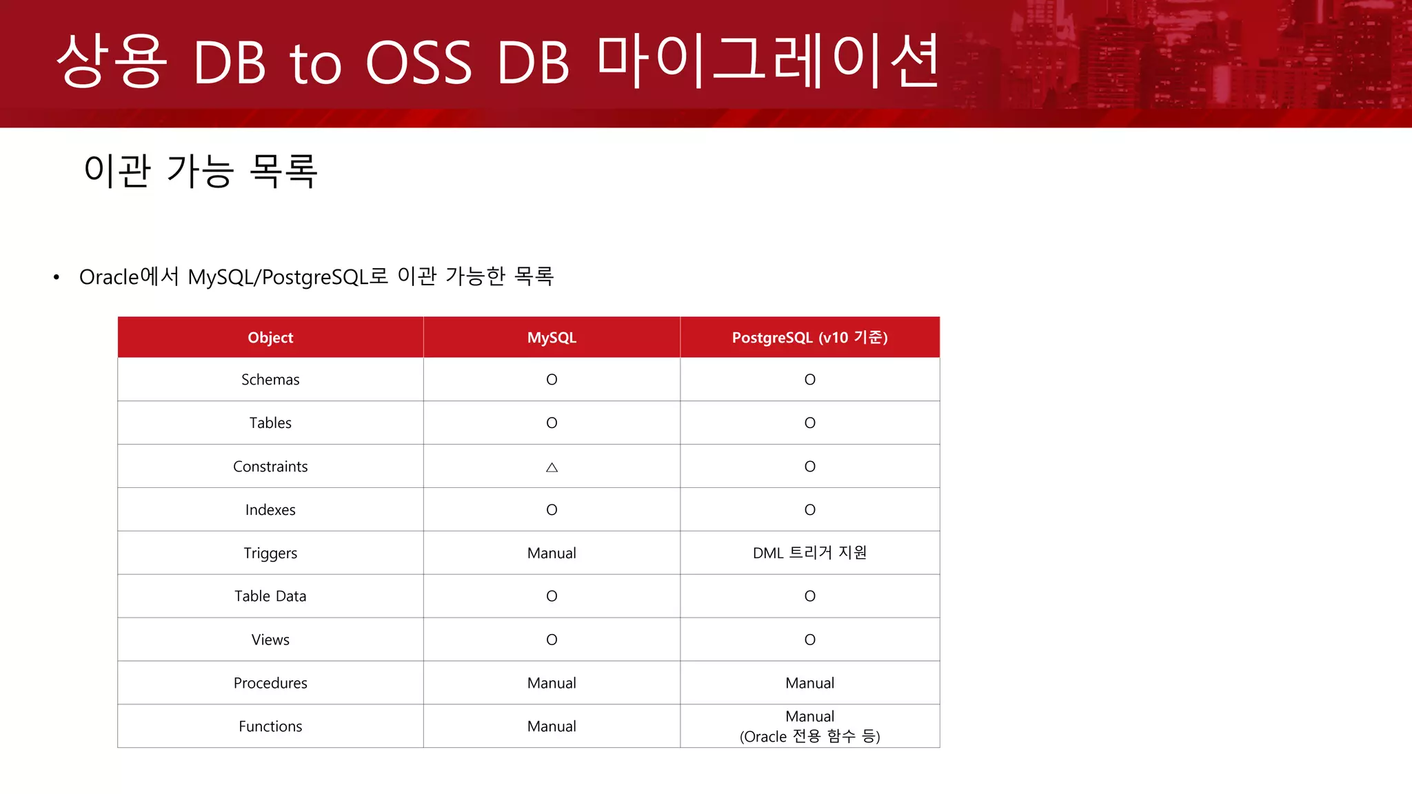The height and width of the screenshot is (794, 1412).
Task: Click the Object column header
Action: tap(270, 338)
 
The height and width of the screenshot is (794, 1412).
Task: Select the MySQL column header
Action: tap(552, 338)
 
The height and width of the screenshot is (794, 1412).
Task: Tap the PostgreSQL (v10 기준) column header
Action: tap(809, 338)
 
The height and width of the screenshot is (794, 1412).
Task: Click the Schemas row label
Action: tap(270, 380)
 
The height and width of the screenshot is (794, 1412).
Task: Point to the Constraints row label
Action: tap(270, 467)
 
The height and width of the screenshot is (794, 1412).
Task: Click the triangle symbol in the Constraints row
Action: tap(552, 467)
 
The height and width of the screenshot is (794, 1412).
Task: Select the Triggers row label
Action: tap(270, 553)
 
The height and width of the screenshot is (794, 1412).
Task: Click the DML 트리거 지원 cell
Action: tap(809, 553)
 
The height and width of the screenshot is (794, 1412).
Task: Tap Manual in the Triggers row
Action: tap(552, 553)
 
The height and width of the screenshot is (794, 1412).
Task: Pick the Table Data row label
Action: tap(270, 596)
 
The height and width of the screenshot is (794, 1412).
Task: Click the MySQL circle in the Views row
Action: tap(552, 640)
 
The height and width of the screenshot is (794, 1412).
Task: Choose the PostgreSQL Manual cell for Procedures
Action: tap(809, 683)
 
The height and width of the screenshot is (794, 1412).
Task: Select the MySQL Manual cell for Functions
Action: tap(552, 726)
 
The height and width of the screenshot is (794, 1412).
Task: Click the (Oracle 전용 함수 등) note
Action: tap(809, 737)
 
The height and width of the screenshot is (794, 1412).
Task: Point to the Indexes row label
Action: tap(270, 510)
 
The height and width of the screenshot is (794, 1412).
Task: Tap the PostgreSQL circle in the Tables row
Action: tap(809, 423)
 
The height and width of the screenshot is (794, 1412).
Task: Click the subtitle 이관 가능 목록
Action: tap(200, 171)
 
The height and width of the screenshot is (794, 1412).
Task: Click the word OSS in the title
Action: tap(418, 63)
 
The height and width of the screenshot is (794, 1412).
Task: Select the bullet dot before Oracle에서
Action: tap(57, 278)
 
